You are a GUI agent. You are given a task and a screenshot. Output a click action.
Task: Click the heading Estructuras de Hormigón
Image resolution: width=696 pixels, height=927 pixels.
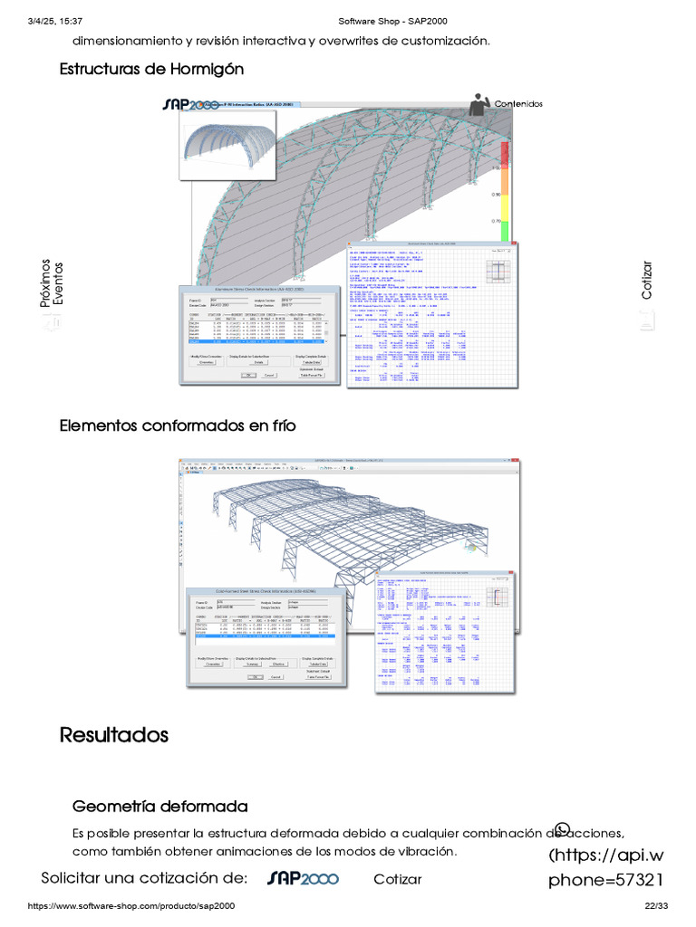[151, 69]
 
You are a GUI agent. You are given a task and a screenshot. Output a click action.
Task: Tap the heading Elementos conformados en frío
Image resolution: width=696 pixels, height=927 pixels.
[178, 425]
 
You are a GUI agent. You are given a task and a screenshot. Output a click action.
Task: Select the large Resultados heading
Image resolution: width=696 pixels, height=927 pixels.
[114, 734]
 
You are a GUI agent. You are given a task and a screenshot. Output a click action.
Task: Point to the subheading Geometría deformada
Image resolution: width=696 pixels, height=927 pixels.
[159, 806]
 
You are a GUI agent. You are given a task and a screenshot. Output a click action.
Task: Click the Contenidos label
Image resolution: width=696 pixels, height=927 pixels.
[518, 104]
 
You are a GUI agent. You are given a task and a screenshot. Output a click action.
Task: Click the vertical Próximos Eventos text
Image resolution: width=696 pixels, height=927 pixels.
[53, 282]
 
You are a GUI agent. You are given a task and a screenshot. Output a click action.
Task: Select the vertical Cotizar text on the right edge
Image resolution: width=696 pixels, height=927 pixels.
[646, 280]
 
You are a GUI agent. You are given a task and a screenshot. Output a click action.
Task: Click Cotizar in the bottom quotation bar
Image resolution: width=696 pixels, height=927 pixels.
[397, 879]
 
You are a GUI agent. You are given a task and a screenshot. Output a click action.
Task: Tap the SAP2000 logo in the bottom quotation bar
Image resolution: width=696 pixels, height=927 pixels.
[303, 878]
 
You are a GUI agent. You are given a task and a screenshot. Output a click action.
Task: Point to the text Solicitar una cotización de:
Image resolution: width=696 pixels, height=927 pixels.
[144, 878]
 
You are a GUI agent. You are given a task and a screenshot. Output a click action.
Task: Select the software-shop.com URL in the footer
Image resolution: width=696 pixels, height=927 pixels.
[132, 906]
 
